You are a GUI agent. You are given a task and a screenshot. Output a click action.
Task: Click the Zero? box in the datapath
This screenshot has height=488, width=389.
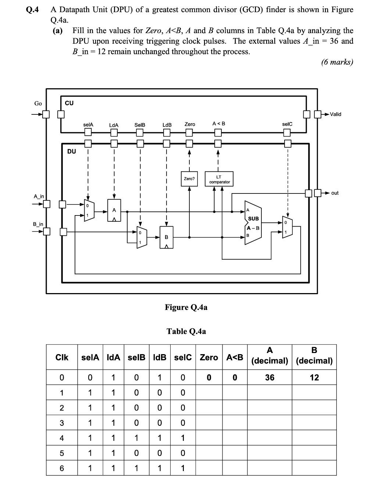[189, 179]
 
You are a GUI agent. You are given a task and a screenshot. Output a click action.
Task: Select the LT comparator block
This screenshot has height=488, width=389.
[219, 179]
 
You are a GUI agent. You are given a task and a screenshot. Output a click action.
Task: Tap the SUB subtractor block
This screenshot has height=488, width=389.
[253, 223]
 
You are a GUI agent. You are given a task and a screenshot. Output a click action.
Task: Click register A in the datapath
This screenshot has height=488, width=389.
[114, 210]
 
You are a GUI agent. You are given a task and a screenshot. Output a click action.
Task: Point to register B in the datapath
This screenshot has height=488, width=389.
[167, 237]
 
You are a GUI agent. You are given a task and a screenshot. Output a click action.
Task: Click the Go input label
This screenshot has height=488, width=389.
[38, 103]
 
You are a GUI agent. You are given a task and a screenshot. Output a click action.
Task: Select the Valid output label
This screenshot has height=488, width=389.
[335, 114]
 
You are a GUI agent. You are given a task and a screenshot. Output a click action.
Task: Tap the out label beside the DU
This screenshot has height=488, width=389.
[335, 193]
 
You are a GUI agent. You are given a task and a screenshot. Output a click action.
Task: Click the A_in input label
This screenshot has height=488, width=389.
[39, 196]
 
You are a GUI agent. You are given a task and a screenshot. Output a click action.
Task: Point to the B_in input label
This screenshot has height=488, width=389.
[38, 224]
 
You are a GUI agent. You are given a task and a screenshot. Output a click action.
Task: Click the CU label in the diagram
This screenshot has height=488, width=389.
[69, 103]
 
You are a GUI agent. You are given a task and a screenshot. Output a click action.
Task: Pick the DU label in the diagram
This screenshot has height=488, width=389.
[72, 151]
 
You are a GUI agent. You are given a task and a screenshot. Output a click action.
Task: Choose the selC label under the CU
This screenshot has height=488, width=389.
[287, 124]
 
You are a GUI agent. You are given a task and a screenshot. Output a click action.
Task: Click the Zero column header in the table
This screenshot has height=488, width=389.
[209, 357]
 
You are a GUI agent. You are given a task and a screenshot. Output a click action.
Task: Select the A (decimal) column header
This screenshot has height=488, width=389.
[270, 356]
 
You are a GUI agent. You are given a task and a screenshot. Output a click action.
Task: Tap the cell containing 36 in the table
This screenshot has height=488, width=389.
[270, 378]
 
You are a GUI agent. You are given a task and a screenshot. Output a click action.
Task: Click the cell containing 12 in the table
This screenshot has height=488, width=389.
[314, 378]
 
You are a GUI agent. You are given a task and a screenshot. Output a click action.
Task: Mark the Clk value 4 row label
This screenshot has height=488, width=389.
[62, 438]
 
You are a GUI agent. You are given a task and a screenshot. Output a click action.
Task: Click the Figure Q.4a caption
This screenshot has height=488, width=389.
[186, 307]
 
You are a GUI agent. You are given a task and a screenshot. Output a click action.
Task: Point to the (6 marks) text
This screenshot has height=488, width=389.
[337, 62]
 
